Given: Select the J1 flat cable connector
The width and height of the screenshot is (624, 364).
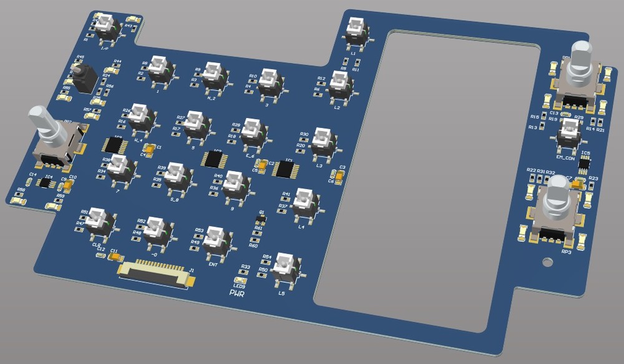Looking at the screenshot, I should (x=154, y=272).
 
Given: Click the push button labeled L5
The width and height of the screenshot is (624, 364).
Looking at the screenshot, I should (x=285, y=267).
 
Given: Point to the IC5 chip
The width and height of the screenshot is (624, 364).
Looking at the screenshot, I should (x=584, y=164).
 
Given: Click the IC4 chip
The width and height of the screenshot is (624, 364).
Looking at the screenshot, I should (x=47, y=184).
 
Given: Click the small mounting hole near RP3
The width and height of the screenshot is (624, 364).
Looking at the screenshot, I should (x=547, y=261).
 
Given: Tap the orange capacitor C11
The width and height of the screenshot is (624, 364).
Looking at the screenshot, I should (x=114, y=256).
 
